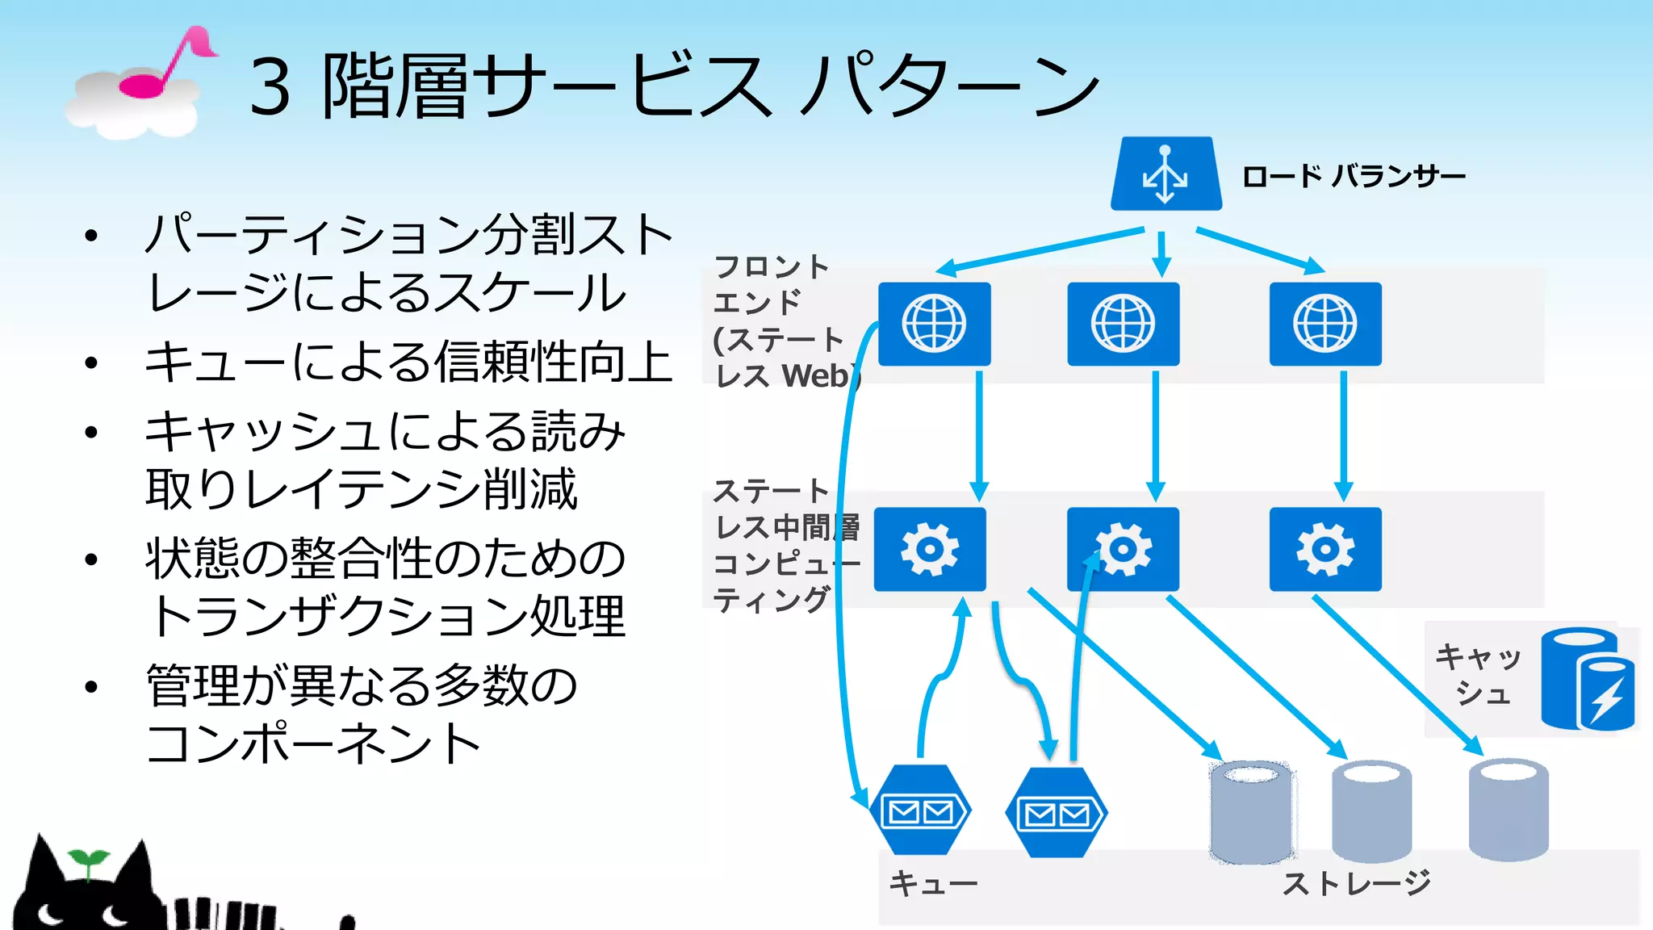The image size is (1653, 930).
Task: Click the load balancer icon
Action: click(1165, 174)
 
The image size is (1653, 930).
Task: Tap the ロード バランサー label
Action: click(1354, 176)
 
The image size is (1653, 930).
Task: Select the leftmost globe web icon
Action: click(934, 324)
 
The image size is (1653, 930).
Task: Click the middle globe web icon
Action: click(1123, 324)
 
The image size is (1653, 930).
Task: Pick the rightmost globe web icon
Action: click(1324, 324)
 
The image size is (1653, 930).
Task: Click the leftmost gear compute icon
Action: click(929, 549)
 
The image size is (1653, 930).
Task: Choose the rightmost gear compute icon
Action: click(1324, 549)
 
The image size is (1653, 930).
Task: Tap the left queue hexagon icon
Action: click(920, 810)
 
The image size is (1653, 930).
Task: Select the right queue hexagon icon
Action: click(1056, 812)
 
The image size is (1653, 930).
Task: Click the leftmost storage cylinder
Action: click(1252, 811)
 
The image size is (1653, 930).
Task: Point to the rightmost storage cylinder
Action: click(1508, 809)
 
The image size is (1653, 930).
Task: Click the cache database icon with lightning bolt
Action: click(1587, 680)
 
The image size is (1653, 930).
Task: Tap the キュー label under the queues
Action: click(932, 883)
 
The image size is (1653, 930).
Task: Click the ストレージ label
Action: click(1356, 883)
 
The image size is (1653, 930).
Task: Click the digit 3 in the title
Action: click(270, 87)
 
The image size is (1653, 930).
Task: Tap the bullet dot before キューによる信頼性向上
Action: click(91, 363)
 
